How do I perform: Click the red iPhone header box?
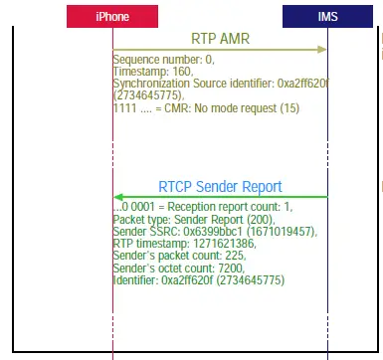coord(112,17)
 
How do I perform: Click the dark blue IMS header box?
coord(327,17)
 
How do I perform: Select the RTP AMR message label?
coord(221,39)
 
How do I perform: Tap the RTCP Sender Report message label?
coord(220,186)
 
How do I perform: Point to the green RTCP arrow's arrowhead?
coord(118,196)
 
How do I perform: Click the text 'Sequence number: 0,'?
coord(158,61)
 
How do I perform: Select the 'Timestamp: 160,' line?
coord(150,72)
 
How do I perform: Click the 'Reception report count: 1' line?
coord(203,208)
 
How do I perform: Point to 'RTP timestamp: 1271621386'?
coord(183,243)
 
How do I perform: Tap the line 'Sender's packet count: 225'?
coord(178,255)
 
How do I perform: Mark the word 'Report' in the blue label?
coord(258,186)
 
